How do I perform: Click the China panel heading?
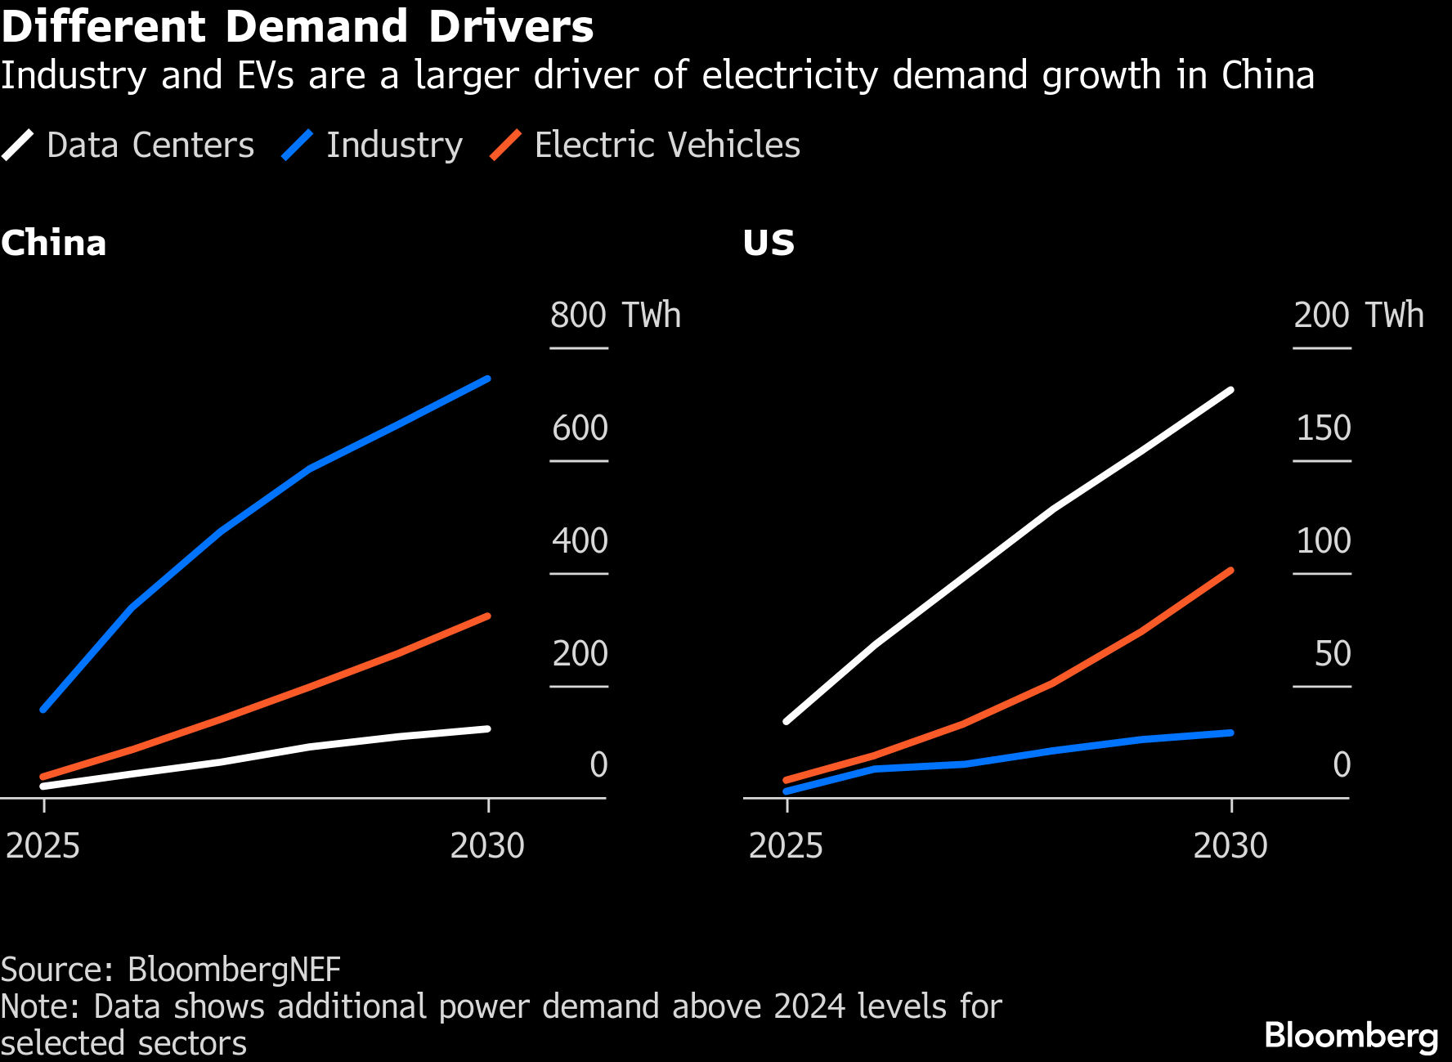pyautogui.click(x=54, y=244)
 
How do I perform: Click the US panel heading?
pyautogui.click(x=769, y=244)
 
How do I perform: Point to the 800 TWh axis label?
pyautogui.click(x=615, y=316)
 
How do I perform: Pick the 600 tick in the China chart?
pyautogui.click(x=580, y=428)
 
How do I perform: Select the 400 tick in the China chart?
pyautogui.click(x=580, y=541)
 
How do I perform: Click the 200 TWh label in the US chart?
pyautogui.click(x=1358, y=316)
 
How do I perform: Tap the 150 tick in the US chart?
pyautogui.click(x=1324, y=428)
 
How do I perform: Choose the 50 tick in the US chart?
pyautogui.click(x=1333, y=654)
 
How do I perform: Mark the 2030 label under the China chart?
pyautogui.click(x=487, y=846)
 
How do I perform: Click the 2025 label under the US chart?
pyautogui.click(x=786, y=846)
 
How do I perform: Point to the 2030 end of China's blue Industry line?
pyautogui.click(x=488, y=379)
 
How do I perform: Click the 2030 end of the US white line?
pyautogui.click(x=1231, y=390)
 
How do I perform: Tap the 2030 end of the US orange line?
pyautogui.click(x=1231, y=570)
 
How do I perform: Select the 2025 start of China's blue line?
pyautogui.click(x=43, y=709)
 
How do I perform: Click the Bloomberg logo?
pyautogui.click(x=1351, y=1036)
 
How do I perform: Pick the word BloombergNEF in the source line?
pyautogui.click(x=234, y=970)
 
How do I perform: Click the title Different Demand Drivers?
pyautogui.click(x=298, y=27)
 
